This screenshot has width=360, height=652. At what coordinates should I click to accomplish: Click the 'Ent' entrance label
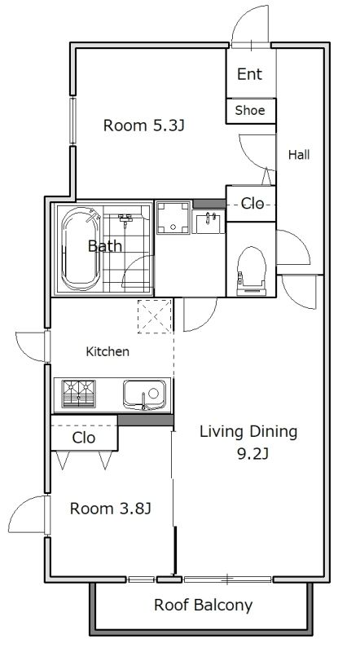[x=249, y=74]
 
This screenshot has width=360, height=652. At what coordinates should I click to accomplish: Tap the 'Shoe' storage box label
[x=250, y=111]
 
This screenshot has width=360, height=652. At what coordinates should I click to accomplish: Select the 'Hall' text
[x=299, y=155]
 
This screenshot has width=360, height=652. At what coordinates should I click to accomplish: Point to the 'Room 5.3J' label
[x=143, y=126]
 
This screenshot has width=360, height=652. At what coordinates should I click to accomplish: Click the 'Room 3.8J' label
[x=110, y=509]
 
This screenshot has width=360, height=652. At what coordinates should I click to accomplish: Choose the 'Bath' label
[x=105, y=246]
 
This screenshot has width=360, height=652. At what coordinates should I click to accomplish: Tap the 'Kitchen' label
[x=108, y=352]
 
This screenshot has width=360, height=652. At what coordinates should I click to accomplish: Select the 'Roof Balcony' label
[x=204, y=605]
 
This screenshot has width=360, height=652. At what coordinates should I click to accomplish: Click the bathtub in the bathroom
[x=81, y=249]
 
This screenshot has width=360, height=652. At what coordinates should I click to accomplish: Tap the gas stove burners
[x=78, y=394]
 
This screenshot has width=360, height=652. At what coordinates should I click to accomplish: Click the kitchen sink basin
[x=144, y=394]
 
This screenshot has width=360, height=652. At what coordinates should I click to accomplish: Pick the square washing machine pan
[x=173, y=218]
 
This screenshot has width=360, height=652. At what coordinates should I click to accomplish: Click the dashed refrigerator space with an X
[x=155, y=316]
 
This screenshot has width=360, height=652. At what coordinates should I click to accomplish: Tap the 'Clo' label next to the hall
[x=252, y=204]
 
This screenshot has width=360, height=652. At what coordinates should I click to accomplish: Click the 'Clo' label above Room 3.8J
[x=84, y=438]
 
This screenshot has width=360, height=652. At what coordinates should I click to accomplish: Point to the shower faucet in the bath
[x=125, y=218]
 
